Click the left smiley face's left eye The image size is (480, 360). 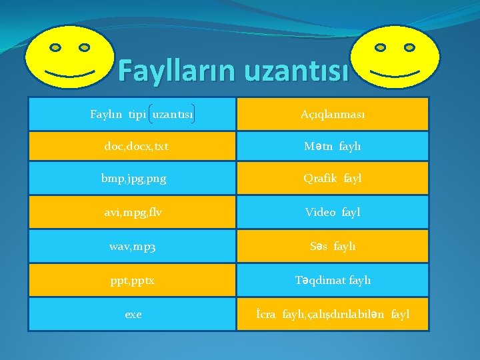pos(56,47)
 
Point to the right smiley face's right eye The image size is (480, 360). pos(409,48)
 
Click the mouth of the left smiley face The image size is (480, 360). pos(70,71)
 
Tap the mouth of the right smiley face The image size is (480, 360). pos(395,71)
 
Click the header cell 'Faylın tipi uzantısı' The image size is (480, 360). pos(133,114)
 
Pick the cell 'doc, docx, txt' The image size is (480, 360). pos(133,147)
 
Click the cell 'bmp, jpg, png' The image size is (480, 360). pos(133,179)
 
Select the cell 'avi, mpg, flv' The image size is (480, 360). pos(133,212)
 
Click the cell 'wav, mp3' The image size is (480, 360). pos(133,246)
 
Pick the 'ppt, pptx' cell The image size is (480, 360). pos(133,280)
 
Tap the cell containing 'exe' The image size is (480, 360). pos(133,313)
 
